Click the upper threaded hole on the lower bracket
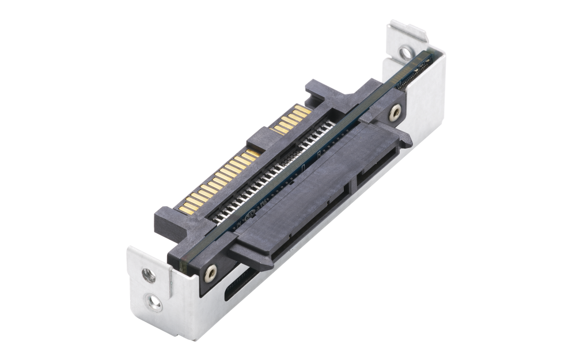pyautogui.click(x=149, y=276)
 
